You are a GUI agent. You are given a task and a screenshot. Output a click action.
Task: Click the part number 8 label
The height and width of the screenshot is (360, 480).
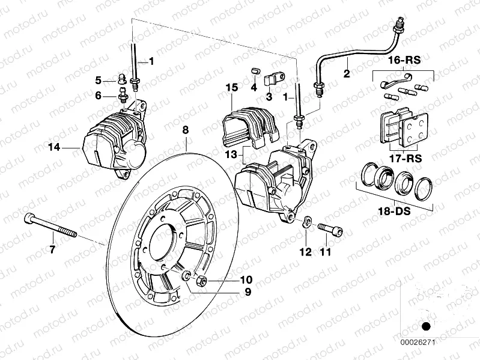(186, 130)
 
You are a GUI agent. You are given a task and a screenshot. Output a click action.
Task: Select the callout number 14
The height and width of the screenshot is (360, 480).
(55, 146)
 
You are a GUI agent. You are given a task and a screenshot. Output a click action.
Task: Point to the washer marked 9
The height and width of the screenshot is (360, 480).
(186, 276)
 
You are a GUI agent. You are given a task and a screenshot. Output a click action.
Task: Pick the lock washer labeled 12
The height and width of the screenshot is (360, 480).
(306, 222)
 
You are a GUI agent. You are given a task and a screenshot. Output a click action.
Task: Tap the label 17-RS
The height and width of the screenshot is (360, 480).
(403, 159)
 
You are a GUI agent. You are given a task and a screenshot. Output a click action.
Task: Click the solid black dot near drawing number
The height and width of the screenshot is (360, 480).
(427, 327)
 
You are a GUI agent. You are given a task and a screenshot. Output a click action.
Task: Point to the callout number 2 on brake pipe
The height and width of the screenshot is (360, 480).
(346, 75)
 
